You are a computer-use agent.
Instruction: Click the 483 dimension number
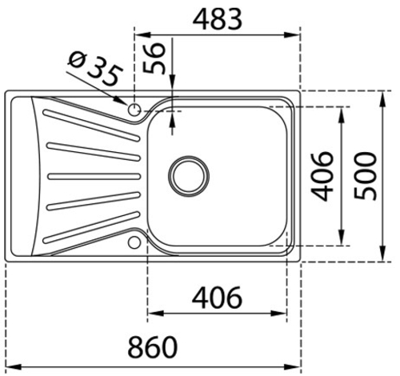point(218,19)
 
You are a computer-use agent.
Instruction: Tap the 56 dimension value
point(153,58)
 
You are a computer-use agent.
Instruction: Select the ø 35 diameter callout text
point(95,69)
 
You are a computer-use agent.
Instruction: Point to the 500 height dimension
point(366,176)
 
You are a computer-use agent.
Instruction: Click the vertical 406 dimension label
point(322,176)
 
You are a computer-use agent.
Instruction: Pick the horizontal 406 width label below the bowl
point(217,298)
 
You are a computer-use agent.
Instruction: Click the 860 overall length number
point(153,347)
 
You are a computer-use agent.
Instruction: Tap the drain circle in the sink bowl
point(189,176)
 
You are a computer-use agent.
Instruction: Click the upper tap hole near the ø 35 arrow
point(134,110)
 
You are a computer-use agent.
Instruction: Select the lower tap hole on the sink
point(134,242)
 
